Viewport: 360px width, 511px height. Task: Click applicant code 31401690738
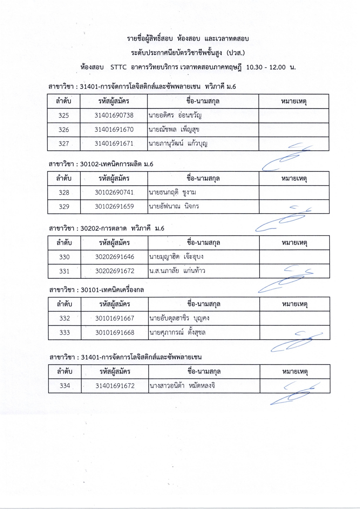114,115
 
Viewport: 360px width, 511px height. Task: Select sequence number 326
64,130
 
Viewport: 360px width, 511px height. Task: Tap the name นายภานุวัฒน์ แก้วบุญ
178,144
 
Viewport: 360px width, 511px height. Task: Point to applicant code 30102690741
114,192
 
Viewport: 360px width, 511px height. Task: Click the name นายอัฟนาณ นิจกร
174,207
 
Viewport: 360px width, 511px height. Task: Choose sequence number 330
64,257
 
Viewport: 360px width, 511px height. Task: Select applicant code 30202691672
115,271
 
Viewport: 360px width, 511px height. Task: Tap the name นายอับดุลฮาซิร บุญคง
179,318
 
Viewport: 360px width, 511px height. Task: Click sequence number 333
65,333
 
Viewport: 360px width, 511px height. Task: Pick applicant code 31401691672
115,386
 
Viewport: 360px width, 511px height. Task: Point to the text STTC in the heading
119,67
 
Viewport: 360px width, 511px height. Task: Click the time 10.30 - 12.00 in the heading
266,67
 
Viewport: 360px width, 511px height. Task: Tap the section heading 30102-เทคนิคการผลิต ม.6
116,164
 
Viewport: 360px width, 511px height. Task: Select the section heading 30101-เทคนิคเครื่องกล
112,290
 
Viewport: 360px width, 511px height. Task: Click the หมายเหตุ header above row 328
294,178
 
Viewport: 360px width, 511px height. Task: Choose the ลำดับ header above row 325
64,101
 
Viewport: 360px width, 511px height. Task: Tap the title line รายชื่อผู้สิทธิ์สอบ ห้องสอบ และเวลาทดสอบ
188,39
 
